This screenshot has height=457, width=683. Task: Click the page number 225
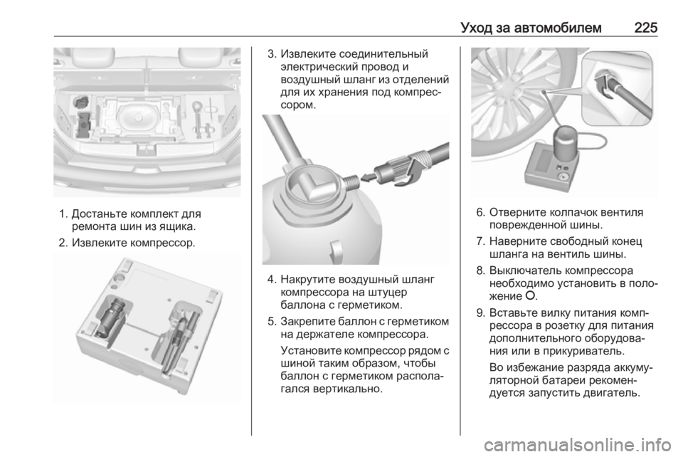(x=645, y=28)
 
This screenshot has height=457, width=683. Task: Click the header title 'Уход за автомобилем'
(x=531, y=28)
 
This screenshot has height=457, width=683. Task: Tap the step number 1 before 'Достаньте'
(x=63, y=214)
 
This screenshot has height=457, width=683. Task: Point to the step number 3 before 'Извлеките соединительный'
(x=272, y=54)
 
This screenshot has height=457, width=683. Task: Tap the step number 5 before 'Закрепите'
(x=272, y=322)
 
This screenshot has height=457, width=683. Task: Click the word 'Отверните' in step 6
(x=518, y=213)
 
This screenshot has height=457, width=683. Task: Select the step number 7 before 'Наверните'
(x=480, y=241)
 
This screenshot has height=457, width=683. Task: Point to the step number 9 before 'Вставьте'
(x=480, y=313)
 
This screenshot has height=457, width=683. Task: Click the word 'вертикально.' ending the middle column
(x=348, y=389)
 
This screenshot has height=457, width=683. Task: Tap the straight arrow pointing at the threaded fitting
(x=369, y=177)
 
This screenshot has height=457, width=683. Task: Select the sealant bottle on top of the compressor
(x=566, y=145)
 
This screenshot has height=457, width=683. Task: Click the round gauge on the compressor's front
(x=562, y=178)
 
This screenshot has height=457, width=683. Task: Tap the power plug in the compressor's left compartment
(x=111, y=316)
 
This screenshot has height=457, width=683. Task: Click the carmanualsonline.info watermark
(x=577, y=445)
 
